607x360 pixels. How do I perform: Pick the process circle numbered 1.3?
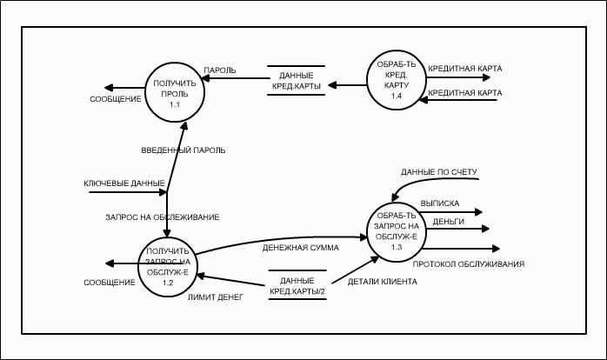(396, 231)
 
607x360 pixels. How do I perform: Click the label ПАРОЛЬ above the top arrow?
(220, 70)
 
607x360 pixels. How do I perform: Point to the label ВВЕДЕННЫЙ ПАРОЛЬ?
(183, 150)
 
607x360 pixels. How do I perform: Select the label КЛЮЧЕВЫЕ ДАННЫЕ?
(123, 183)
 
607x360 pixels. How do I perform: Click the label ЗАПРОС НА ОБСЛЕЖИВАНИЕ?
(160, 216)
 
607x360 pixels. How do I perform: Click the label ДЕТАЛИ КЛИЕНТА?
(382, 282)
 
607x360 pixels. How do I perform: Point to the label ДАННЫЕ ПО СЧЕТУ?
(438, 171)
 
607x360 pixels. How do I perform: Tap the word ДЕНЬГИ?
(448, 222)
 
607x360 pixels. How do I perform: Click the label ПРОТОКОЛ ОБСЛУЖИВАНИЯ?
(468, 263)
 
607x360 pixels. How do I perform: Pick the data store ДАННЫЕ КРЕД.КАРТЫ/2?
(297, 284)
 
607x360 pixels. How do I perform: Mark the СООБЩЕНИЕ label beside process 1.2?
(110, 283)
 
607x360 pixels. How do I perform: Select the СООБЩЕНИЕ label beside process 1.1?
(116, 99)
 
